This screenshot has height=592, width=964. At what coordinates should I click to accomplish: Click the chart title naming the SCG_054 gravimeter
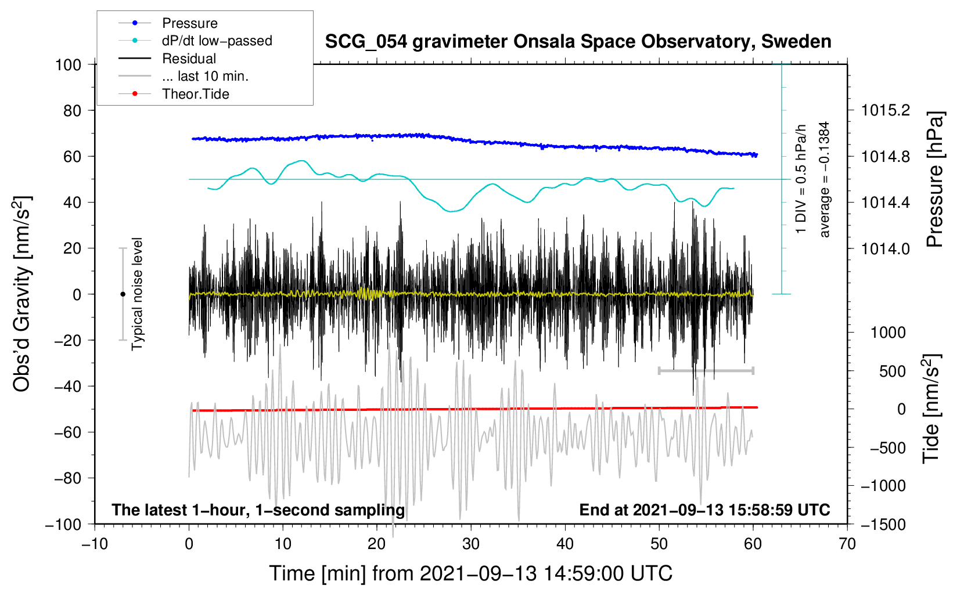578,42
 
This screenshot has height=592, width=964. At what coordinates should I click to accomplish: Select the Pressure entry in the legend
190,23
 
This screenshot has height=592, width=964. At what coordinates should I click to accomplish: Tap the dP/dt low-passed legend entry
217,41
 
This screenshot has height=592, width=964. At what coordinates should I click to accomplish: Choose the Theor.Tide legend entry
196,94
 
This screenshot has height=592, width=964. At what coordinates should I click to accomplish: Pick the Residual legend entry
189,59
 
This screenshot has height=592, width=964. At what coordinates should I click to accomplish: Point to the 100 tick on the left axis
68,64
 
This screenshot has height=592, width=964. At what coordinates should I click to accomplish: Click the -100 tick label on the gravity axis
63,524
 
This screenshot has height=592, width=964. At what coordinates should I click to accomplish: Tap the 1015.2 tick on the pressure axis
886,110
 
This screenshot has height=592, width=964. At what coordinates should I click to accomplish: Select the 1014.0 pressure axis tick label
886,248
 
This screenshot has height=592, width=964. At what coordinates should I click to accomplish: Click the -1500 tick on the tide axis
883,524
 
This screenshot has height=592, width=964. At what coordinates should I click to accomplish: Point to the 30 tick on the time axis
471,544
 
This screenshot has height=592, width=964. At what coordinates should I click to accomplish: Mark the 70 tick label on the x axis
847,544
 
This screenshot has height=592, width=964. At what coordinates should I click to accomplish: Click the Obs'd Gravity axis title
22,294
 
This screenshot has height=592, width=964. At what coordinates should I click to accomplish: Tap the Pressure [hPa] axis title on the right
934,179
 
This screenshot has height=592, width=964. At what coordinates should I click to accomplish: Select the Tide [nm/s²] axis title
931,409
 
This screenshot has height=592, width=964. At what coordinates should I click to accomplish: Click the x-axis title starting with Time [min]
470,573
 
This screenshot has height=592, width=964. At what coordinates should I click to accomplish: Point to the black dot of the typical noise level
123,294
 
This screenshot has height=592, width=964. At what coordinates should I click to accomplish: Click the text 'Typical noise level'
137,294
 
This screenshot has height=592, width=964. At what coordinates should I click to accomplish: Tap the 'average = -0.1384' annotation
825,179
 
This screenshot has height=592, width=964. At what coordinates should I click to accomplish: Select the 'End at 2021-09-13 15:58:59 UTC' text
704,510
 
